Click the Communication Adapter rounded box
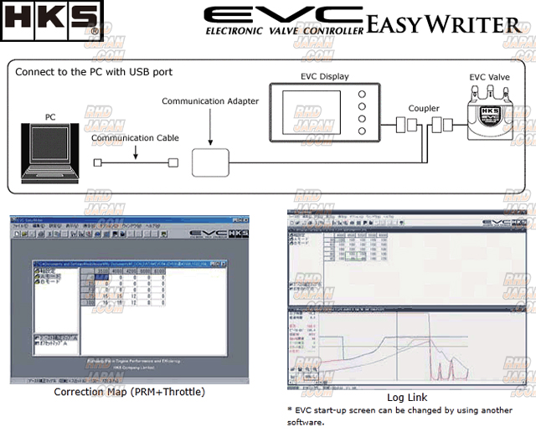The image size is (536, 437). pyautogui.click(x=210, y=161)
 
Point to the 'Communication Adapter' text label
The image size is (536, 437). pyautogui.click(x=210, y=101)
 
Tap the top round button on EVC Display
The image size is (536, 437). pyautogui.click(x=361, y=93)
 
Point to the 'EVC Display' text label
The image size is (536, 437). pyautogui.click(x=326, y=76)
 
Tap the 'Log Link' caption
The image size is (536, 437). pyautogui.click(x=407, y=397)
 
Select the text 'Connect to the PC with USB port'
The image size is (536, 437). pyautogui.click(x=94, y=71)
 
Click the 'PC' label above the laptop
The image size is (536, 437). pyautogui.click(x=50, y=120)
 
